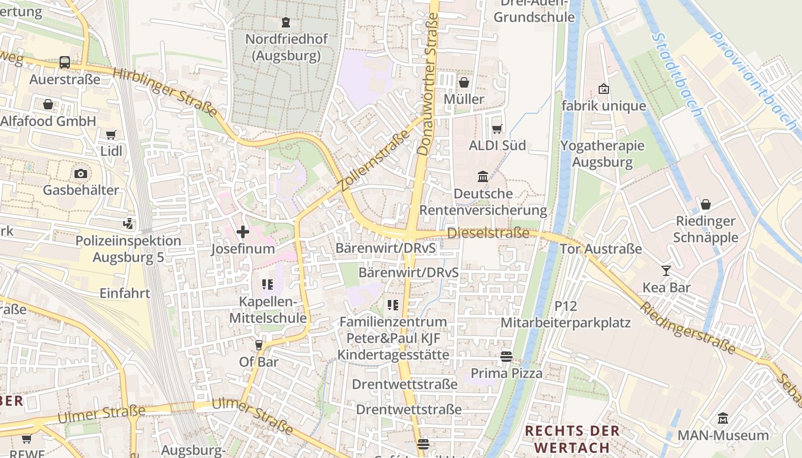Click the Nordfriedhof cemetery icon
[x=285, y=22]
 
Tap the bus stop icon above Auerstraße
[x=65, y=62]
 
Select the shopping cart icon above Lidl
[x=111, y=135]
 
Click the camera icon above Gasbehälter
[x=81, y=173]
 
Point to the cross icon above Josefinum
[x=243, y=232]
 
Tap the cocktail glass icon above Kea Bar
[x=666, y=270]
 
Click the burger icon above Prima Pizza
[x=506, y=357]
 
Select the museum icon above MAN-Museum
[x=722, y=418]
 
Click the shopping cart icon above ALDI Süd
[x=497, y=129]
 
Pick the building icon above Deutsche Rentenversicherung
[x=483, y=177]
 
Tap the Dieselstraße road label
[x=488, y=233]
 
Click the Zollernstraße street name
[x=375, y=160]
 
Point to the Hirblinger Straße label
[x=165, y=92]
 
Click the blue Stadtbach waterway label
[x=676, y=74]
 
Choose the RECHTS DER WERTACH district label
[x=572, y=439]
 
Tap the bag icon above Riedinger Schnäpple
[x=706, y=204]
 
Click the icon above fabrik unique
[x=603, y=89]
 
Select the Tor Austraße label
[x=600, y=249]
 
